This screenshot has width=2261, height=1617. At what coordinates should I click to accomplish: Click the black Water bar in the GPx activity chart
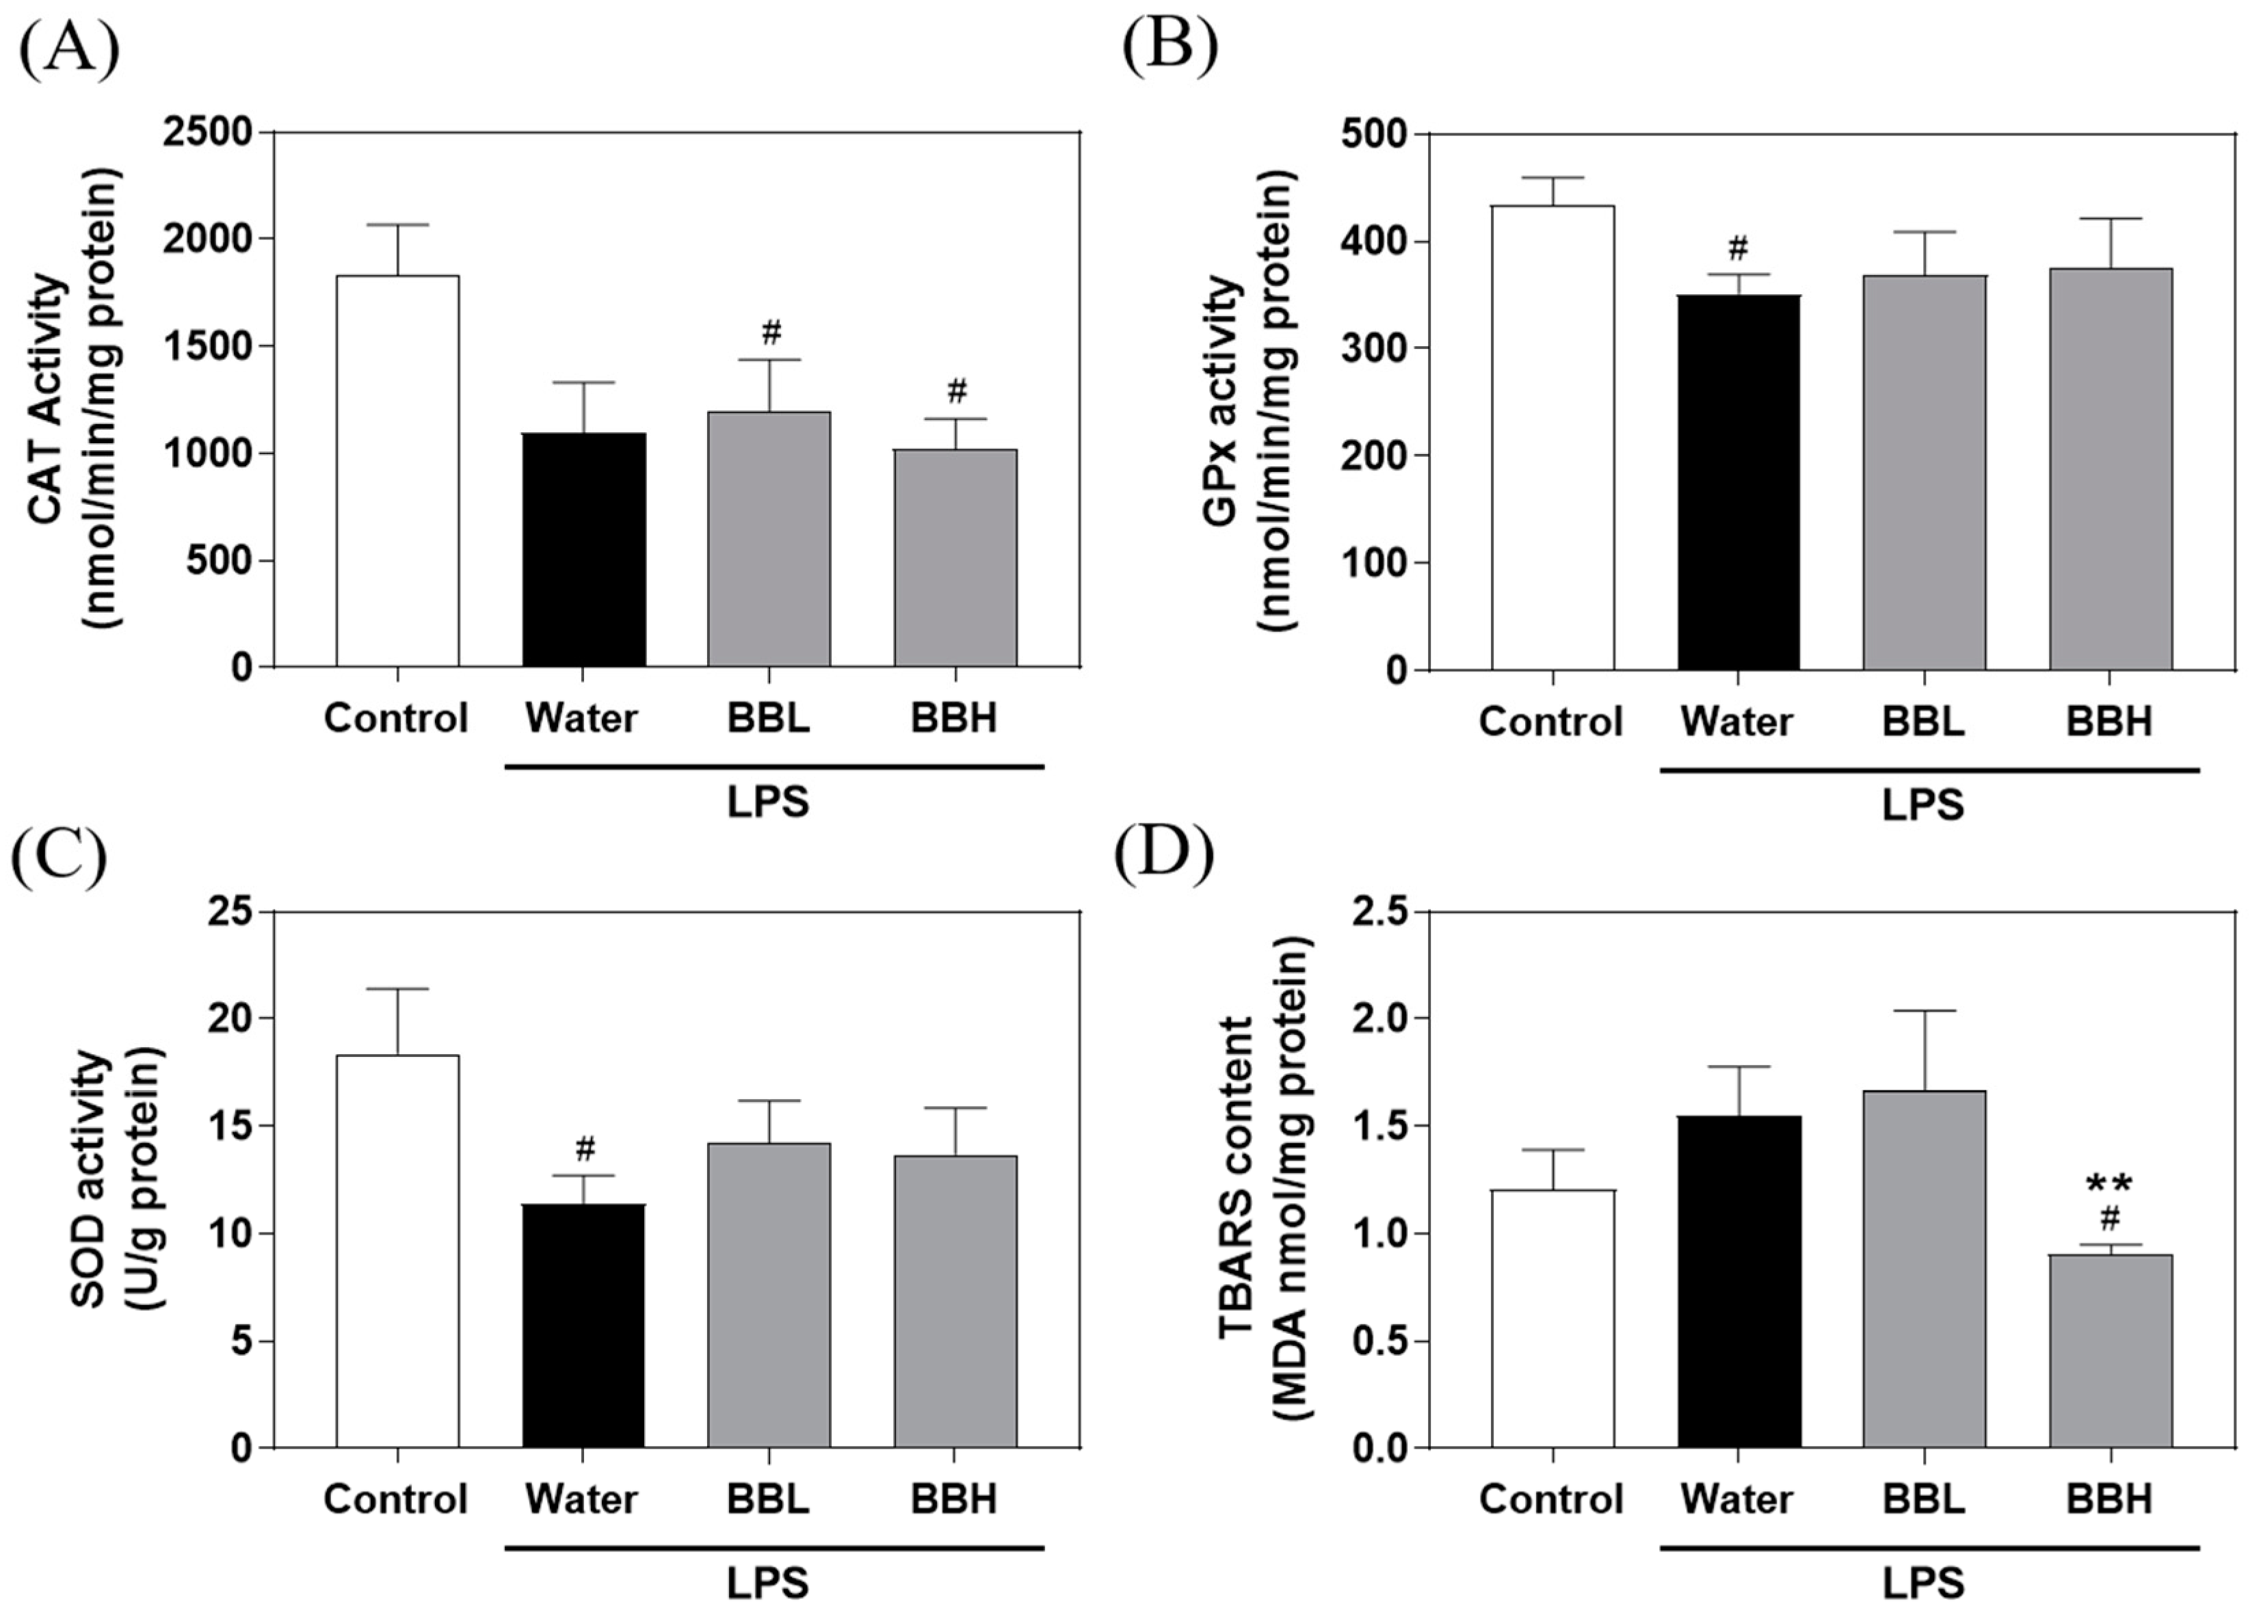point(1738,482)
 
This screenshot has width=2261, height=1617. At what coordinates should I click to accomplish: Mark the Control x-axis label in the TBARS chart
point(1550,1499)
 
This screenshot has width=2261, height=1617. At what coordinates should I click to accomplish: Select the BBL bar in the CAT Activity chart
point(769,539)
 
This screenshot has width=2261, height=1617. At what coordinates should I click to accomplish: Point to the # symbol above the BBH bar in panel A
point(956,391)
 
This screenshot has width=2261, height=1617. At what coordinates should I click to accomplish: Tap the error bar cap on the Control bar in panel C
point(397,988)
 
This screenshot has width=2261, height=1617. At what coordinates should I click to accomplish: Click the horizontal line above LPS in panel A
point(775,767)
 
